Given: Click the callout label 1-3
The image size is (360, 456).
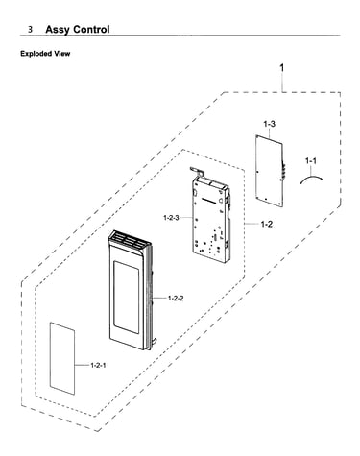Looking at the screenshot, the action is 269,124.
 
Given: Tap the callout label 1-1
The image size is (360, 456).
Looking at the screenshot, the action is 311,161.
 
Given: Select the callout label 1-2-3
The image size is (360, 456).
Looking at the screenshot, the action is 171,218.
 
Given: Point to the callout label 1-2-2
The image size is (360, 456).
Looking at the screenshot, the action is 176,299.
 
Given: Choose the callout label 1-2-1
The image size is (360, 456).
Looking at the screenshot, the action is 98,365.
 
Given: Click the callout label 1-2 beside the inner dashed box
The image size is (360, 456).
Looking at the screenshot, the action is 266,224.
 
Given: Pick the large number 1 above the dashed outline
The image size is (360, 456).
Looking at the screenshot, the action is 281,68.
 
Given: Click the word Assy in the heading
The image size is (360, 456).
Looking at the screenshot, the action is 58,30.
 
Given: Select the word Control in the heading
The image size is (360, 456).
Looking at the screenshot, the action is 91,29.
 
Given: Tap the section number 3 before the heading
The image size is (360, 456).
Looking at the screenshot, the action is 30,30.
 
